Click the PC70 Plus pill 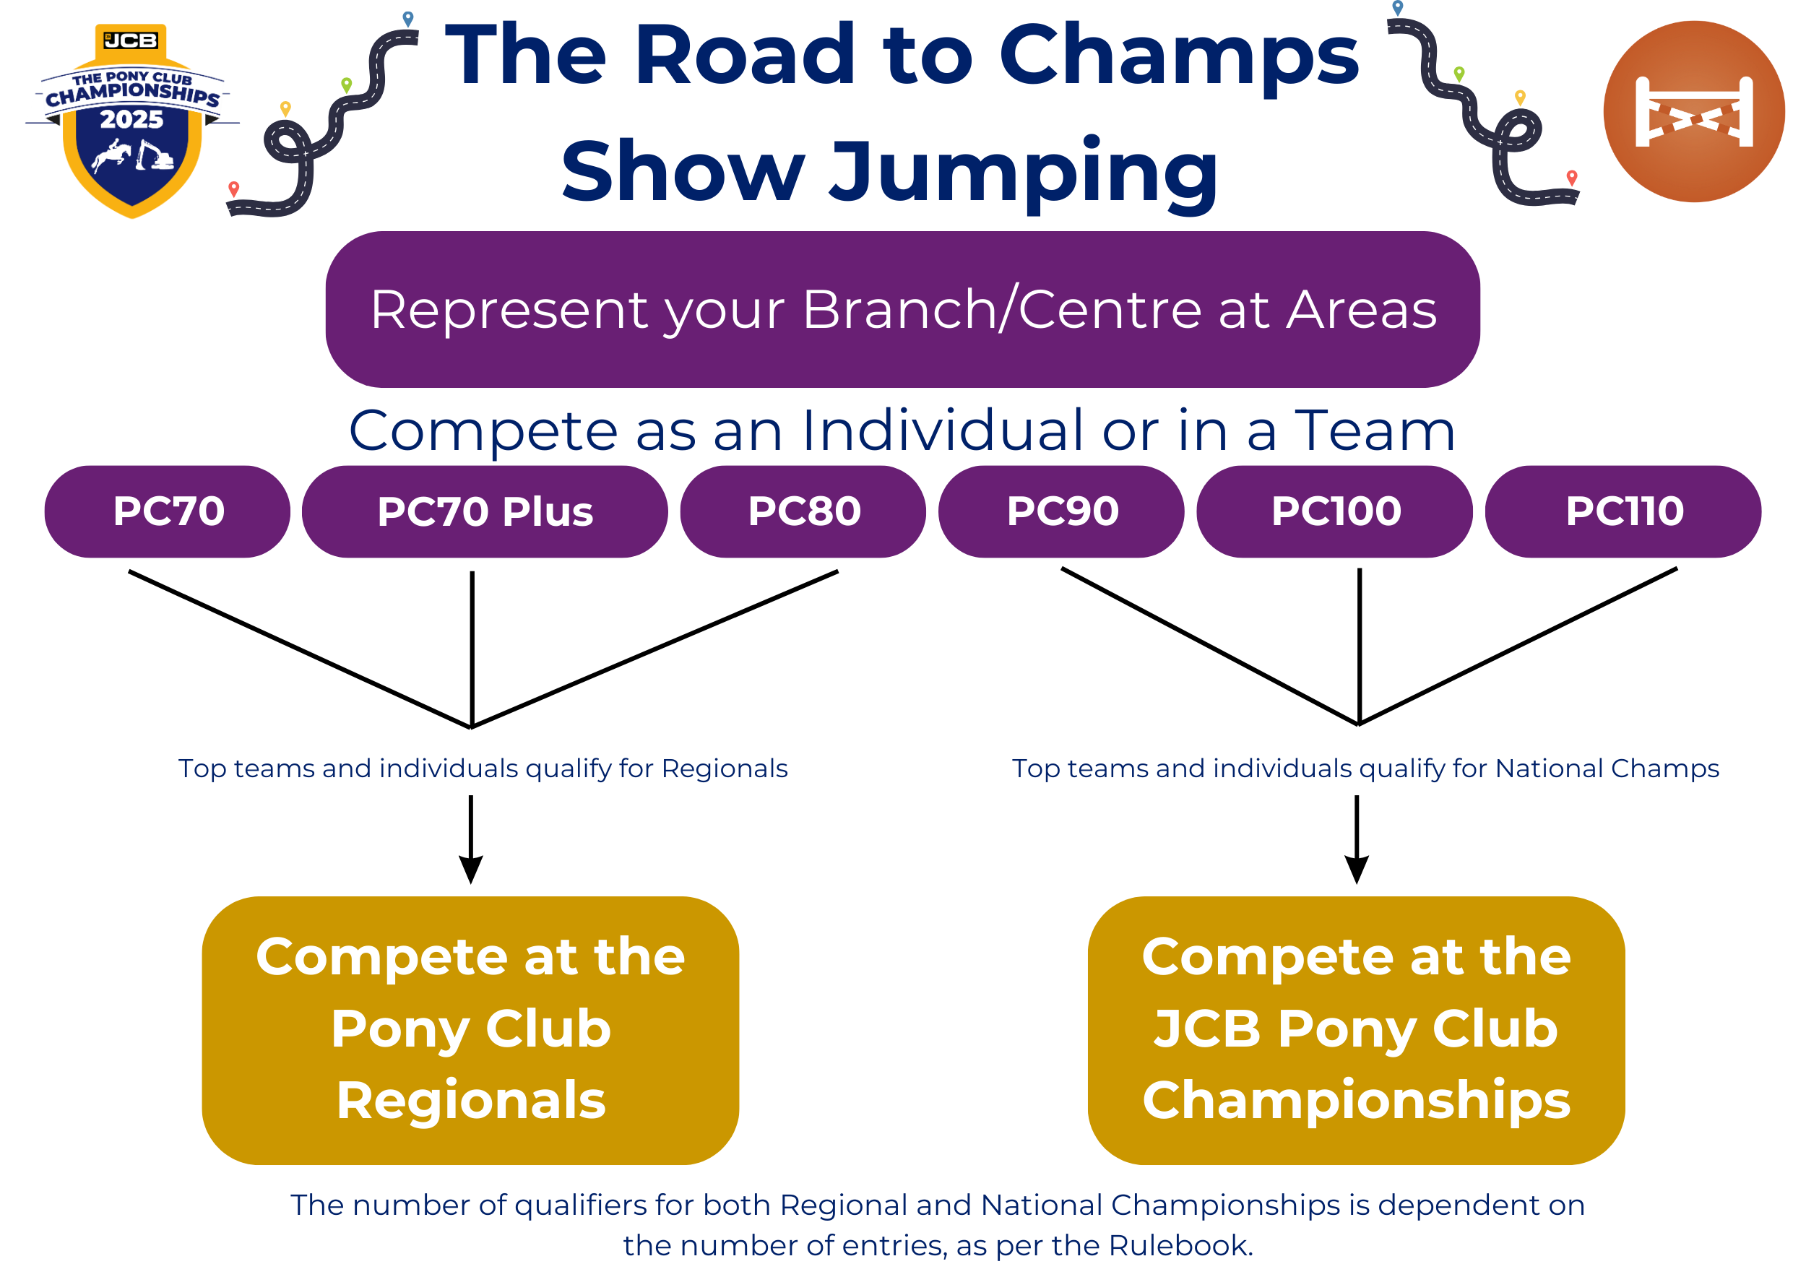pyautogui.click(x=485, y=512)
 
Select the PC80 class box pyautogui.click(x=803, y=512)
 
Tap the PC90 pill pyautogui.click(x=1061, y=512)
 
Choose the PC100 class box pyautogui.click(x=1335, y=512)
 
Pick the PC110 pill pyautogui.click(x=1623, y=512)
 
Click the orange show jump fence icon pyautogui.click(x=1693, y=112)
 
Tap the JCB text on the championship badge pyautogui.click(x=131, y=40)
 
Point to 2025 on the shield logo pyautogui.click(x=131, y=119)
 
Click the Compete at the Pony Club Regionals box pyautogui.click(x=470, y=1029)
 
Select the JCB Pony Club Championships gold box pyautogui.click(x=1356, y=1029)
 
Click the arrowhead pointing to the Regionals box pyautogui.click(x=470, y=870)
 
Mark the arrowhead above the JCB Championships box pyautogui.click(x=1356, y=870)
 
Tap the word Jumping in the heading pyautogui.click(x=1023, y=171)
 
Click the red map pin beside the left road pyautogui.click(x=233, y=189)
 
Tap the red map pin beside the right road pyautogui.click(x=1572, y=178)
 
